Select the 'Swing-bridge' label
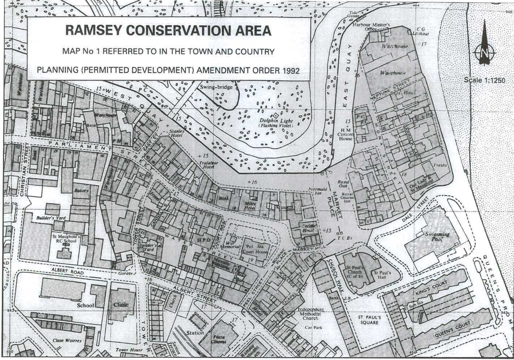(216, 87)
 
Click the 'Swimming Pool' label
(437, 237)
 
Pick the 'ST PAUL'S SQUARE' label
(369, 320)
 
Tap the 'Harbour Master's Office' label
(371, 27)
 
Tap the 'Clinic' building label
(121, 305)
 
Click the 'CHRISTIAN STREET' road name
(25, 169)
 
